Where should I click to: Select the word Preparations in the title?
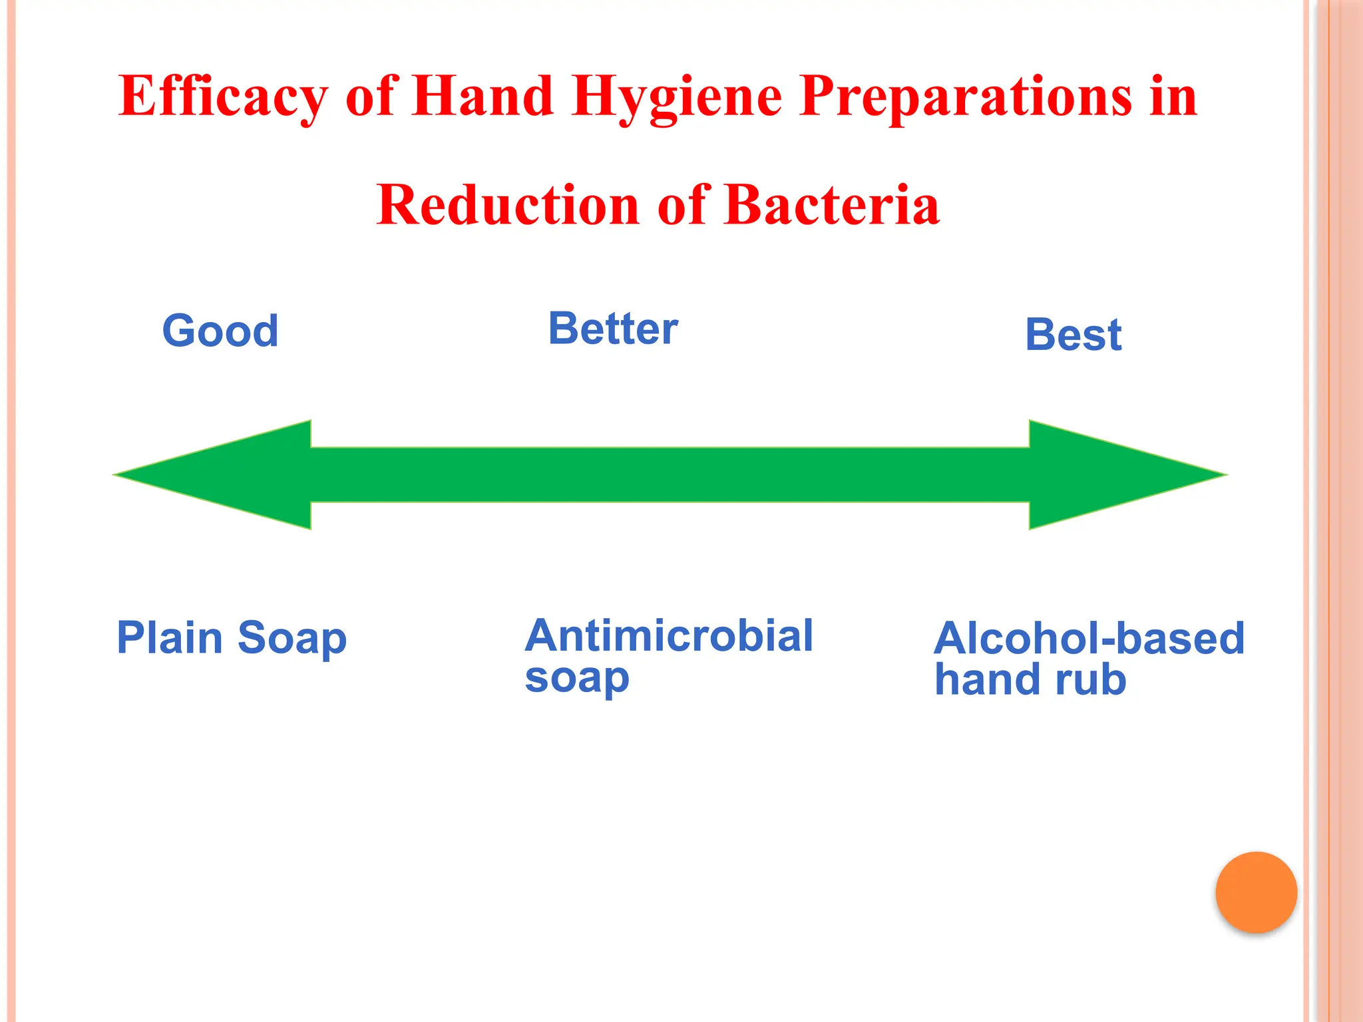click(966, 96)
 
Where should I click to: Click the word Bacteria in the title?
click(831, 206)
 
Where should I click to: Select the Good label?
click(220, 331)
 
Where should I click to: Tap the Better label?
click(613, 329)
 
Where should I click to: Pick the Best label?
click(1073, 335)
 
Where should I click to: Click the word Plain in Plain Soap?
click(169, 637)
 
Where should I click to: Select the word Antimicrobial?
click(669, 635)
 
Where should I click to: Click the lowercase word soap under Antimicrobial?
click(576, 679)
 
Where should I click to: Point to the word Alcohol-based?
click(1089, 638)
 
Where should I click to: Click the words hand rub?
click(1030, 680)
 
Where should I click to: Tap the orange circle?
click(1256, 892)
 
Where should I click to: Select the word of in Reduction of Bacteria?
click(681, 206)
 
